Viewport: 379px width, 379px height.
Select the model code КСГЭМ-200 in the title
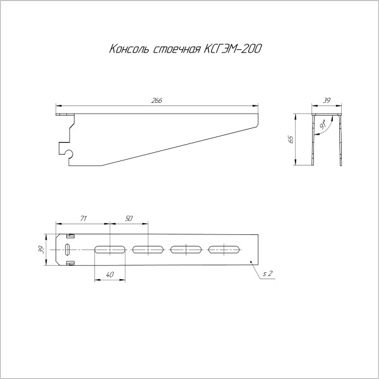click(x=233, y=48)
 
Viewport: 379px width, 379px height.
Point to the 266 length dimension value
click(x=155, y=101)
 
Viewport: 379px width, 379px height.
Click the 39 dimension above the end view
click(x=327, y=100)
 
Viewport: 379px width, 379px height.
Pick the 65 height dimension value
click(x=291, y=140)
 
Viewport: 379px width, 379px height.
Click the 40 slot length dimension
click(x=111, y=275)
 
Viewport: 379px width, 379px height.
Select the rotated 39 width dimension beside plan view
click(x=42, y=249)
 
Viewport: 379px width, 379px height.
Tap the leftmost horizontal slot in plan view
click(x=111, y=250)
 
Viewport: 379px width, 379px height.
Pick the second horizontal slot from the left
click(x=148, y=250)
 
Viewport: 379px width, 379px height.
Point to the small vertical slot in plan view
click(x=67, y=250)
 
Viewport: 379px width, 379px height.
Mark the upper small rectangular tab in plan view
click(x=71, y=236)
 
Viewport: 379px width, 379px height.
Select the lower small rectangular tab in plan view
click(x=71, y=263)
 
